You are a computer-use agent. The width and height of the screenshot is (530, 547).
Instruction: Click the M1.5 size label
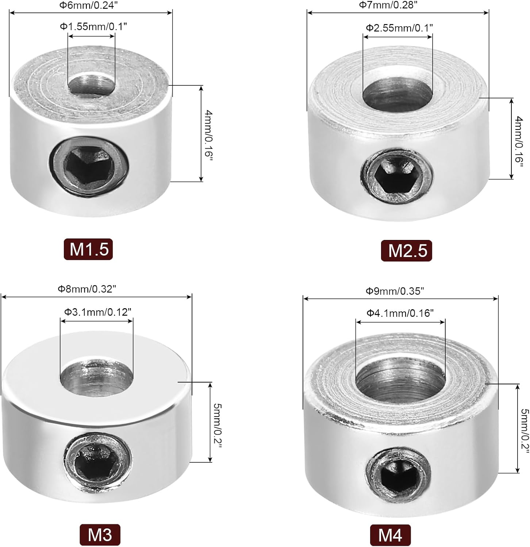tap(88, 249)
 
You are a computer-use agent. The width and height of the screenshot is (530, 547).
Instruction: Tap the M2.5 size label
tap(407, 251)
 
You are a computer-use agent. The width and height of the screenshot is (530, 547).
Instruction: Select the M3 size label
tap(100, 535)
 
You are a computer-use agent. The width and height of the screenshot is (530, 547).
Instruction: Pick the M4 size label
tap(390, 535)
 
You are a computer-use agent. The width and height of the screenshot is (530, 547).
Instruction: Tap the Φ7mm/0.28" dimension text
tap(388, 5)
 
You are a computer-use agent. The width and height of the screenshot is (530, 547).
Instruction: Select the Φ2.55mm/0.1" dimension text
tap(399, 28)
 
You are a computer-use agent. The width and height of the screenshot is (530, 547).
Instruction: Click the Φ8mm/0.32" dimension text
tap(87, 289)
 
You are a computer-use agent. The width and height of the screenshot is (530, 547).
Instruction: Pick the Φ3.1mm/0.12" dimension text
tap(98, 312)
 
